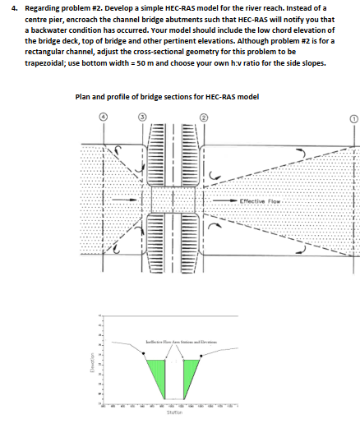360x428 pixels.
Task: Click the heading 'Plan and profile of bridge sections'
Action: click(x=168, y=96)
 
